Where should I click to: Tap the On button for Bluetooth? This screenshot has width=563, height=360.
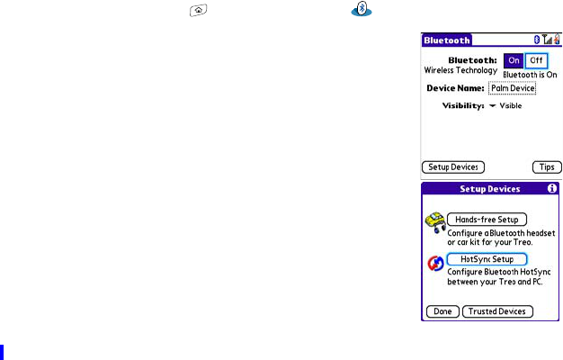[514, 60]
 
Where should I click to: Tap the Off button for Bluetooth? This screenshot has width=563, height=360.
[536, 60]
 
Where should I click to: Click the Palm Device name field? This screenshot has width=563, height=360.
[513, 87]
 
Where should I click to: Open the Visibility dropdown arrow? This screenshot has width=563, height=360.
[493, 105]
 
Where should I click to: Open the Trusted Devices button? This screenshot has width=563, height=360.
[497, 311]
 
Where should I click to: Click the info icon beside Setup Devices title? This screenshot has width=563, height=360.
[551, 189]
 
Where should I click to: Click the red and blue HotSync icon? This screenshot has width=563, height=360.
[434, 264]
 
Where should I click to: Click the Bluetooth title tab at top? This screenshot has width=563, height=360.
[447, 40]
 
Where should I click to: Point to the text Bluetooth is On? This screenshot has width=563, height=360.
[531, 75]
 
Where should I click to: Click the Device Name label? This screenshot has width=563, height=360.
[455, 87]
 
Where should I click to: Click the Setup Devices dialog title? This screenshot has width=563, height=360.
[490, 189]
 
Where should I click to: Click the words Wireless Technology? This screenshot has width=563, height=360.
[460, 70]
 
